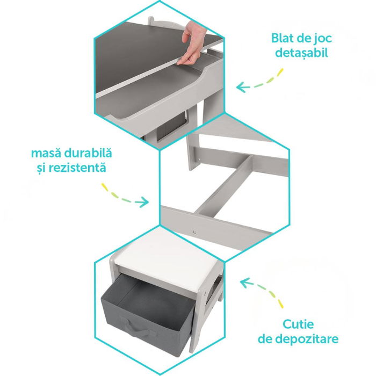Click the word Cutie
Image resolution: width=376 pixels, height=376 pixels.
pyautogui.click(x=299, y=324)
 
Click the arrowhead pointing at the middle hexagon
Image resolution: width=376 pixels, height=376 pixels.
pyautogui.click(x=144, y=203)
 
